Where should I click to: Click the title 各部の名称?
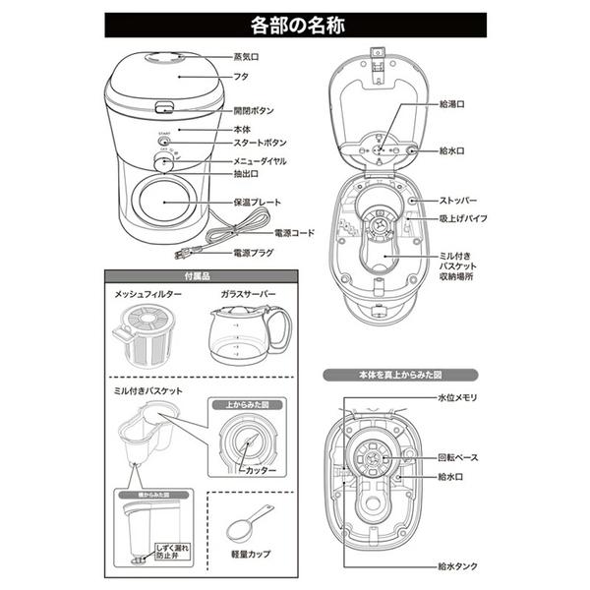click(x=294, y=22)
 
